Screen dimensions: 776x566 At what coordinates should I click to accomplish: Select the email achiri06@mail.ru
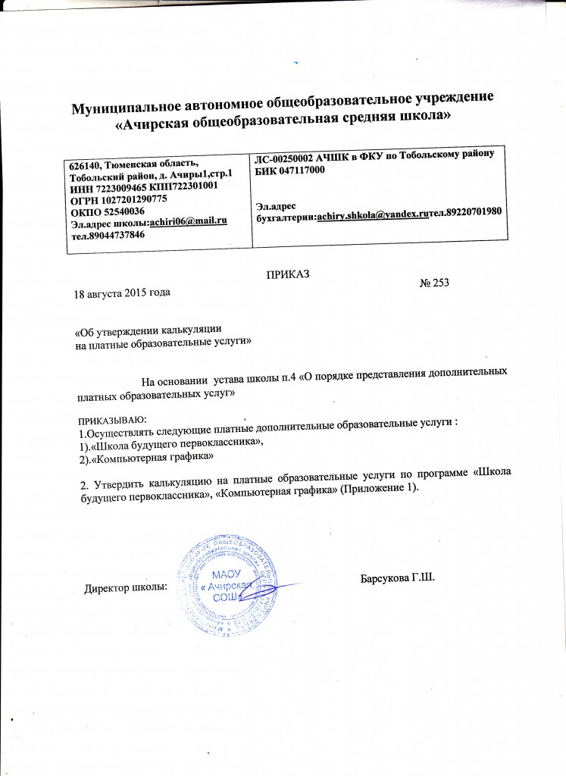click(189, 220)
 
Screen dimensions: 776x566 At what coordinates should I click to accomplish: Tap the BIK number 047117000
click(303, 171)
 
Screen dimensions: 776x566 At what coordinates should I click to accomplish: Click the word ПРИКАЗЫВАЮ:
click(113, 419)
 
